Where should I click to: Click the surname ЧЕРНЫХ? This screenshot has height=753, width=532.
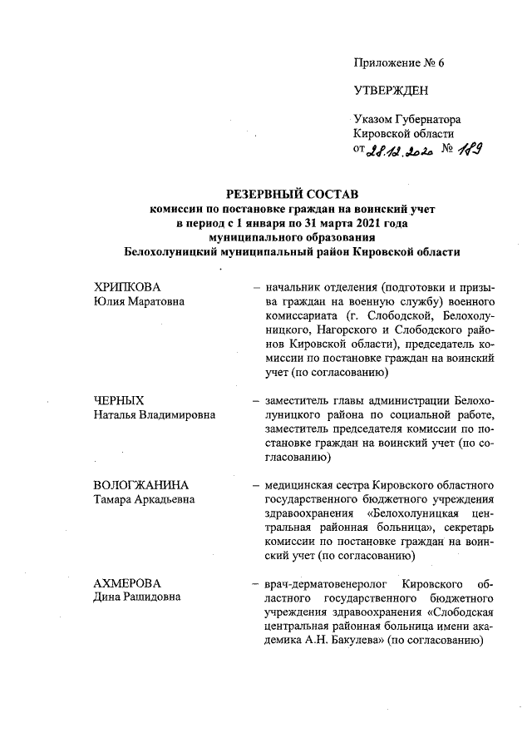tap(121, 401)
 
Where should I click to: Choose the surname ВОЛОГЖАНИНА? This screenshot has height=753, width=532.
tap(142, 486)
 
